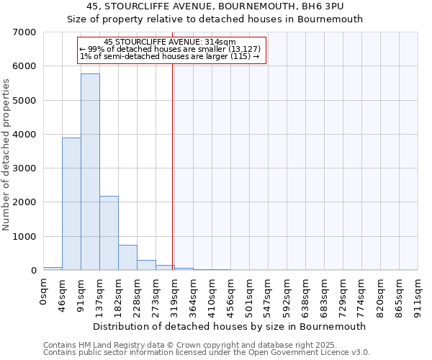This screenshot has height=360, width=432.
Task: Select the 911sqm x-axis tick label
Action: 418,293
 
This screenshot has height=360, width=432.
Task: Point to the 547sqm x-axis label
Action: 268,293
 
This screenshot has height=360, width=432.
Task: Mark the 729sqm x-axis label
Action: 343,293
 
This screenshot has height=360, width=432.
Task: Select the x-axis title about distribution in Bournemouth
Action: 230,326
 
